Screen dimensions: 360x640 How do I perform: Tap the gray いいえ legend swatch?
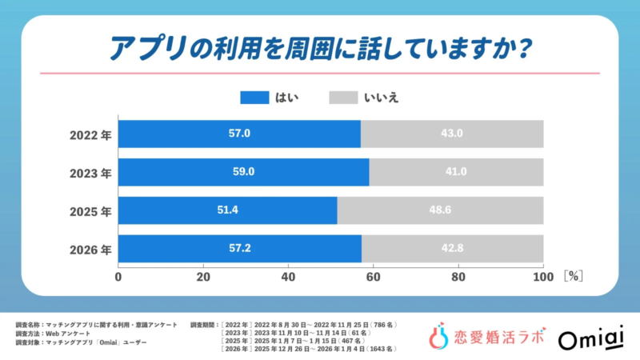coord(343,98)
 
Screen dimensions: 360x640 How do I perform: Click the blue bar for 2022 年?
coord(239,134)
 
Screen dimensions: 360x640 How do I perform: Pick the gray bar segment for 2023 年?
coord(456,172)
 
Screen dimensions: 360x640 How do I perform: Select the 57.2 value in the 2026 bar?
coord(239,249)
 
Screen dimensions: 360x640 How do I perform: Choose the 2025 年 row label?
coord(89,210)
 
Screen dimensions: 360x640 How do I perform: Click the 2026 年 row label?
coord(89,249)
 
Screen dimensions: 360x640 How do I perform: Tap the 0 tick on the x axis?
coord(119,277)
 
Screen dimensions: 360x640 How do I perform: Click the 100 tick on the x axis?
coord(542,277)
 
